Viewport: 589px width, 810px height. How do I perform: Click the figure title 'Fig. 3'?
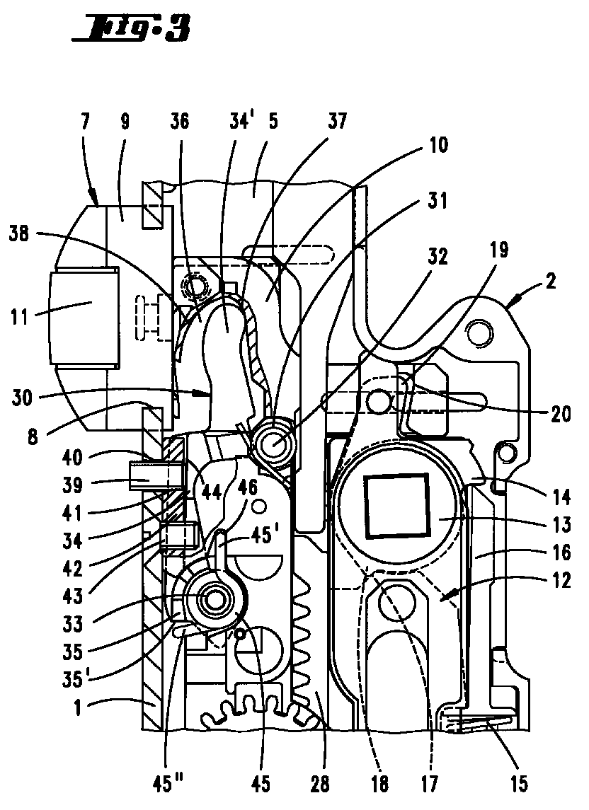coord(132,29)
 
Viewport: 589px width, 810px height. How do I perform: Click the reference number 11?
coord(20,317)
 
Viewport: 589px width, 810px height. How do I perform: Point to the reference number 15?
coord(519,783)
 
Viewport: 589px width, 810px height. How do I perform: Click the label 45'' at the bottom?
coord(166,784)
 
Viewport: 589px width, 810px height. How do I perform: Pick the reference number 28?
coord(319,784)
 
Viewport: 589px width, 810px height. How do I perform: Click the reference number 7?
coord(85,122)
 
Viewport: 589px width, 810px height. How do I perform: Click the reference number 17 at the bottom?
coord(429,783)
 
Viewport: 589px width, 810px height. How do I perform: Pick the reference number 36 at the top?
coord(179,122)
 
